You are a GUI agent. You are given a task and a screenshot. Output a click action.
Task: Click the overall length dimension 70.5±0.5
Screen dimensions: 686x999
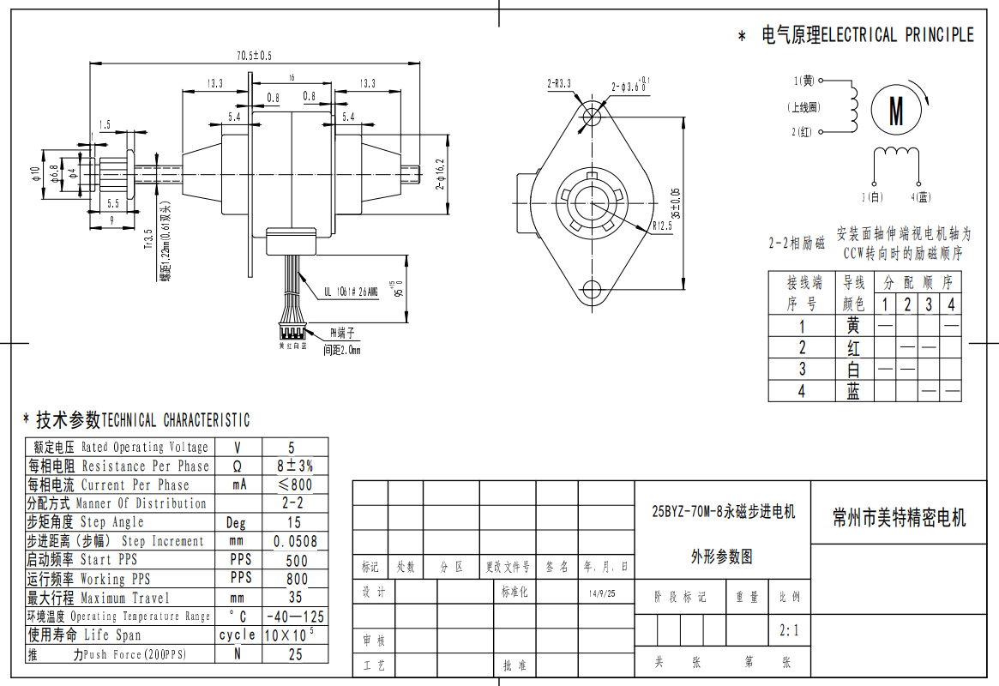[254, 56]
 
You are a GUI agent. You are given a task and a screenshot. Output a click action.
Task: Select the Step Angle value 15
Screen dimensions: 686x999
[293, 522]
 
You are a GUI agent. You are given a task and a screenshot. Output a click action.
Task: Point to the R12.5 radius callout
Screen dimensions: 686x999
[661, 227]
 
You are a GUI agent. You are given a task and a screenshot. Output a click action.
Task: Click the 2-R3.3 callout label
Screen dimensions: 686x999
[559, 84]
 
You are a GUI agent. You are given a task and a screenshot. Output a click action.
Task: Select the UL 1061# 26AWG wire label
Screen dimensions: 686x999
[351, 292]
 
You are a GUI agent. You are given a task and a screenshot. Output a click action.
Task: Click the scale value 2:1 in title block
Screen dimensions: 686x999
[789, 631]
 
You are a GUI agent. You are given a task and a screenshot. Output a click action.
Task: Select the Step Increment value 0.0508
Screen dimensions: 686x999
[295, 541]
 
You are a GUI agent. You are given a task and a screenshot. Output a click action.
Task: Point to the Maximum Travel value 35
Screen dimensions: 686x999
[295, 598]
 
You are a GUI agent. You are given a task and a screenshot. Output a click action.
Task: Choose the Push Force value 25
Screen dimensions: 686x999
[295, 654]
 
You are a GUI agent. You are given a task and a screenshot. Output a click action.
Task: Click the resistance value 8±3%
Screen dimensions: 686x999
[295, 466]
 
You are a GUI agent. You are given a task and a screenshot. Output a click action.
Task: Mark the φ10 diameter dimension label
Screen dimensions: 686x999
[35, 174]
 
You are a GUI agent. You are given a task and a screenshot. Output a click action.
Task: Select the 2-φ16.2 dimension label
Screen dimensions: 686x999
[439, 174]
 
